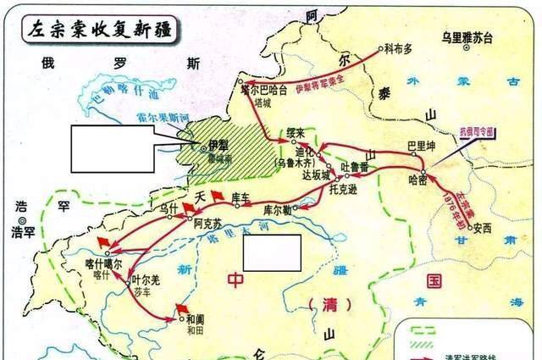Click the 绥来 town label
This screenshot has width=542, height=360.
point(295,132)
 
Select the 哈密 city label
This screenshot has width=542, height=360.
point(418,180)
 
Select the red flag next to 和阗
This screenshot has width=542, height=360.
point(180,307)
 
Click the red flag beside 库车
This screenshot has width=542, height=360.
point(218,195)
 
